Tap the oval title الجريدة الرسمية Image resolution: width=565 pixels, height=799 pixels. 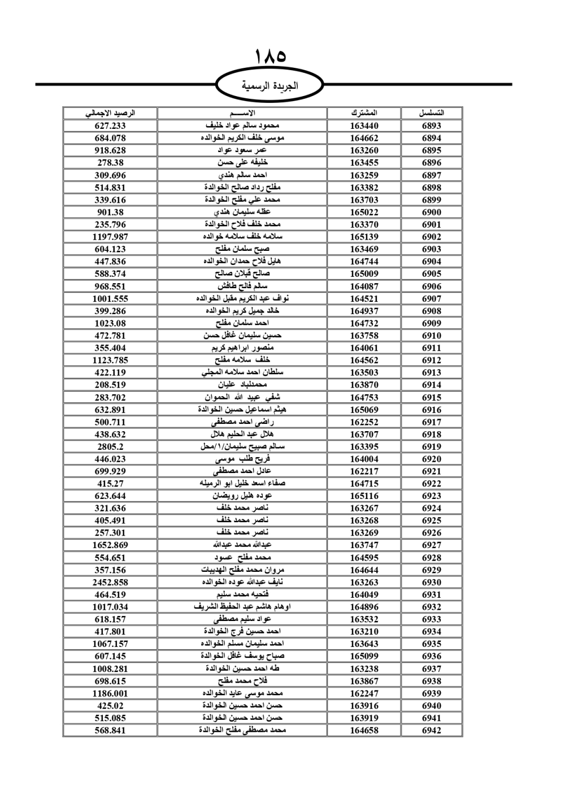[270, 86]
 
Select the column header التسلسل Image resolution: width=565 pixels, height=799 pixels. [432, 113]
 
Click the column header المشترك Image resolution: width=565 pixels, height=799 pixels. [364, 113]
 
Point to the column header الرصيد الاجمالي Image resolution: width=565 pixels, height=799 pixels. [110, 113]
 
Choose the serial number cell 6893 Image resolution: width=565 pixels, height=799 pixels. [432, 125]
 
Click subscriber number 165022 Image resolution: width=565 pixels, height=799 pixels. [364, 212]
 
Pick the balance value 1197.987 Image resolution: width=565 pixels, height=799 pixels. [110, 237]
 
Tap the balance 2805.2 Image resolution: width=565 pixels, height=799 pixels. [110, 446]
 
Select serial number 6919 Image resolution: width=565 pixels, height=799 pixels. [432, 446]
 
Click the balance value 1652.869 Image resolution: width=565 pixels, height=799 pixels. [110, 545]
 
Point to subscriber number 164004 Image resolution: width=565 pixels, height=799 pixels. [364, 459]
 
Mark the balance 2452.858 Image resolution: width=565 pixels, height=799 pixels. [110, 582]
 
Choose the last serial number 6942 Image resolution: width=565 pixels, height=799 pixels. [432, 730]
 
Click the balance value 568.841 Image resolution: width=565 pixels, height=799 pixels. [110, 730]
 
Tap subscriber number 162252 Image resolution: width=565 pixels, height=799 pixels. [364, 422]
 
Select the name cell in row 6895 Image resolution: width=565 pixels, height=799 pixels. [242, 150]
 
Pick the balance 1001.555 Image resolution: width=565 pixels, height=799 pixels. [110, 298]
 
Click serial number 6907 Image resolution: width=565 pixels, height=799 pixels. [432, 298]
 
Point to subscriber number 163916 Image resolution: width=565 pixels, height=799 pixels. [364, 706]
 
